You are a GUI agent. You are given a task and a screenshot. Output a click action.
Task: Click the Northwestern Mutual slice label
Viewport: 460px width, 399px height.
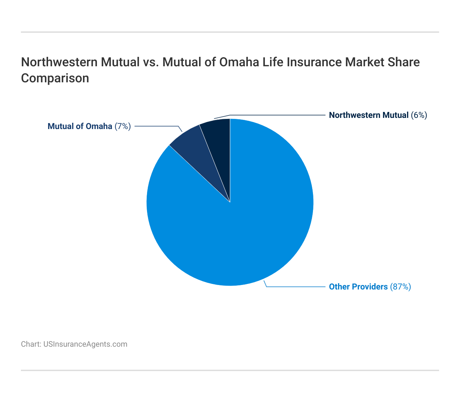tap(369, 115)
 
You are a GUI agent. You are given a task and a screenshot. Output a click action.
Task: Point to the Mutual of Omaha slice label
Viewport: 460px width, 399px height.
tap(80, 126)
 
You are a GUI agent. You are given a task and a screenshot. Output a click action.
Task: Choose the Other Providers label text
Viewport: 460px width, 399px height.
tap(358, 287)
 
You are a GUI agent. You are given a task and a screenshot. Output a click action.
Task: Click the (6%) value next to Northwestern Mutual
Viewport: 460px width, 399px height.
tap(419, 115)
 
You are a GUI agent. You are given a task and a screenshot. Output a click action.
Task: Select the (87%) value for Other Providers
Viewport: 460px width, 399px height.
tap(400, 287)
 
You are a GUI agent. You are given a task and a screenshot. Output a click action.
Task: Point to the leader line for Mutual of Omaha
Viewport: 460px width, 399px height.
tap(157, 126)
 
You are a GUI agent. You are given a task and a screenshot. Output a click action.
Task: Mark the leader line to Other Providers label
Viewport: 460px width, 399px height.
tap(296, 287)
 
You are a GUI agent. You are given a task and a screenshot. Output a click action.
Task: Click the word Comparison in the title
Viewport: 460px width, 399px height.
tap(55, 78)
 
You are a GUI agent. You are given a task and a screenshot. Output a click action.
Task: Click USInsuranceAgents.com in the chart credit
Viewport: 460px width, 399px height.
tap(85, 344)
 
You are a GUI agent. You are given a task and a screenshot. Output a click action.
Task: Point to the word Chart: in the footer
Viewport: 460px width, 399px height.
tap(31, 344)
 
